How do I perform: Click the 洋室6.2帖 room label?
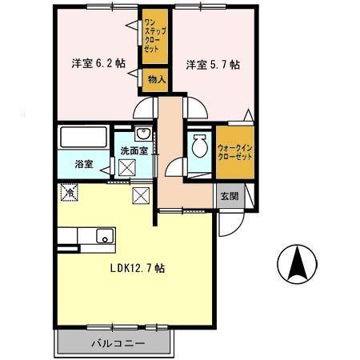93,64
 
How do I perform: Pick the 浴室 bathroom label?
84,164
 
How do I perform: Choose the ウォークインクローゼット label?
235,151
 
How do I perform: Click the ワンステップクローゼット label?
152,36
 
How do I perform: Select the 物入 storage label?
155,78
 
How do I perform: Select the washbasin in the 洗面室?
142,134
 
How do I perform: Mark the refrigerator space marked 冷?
70,191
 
